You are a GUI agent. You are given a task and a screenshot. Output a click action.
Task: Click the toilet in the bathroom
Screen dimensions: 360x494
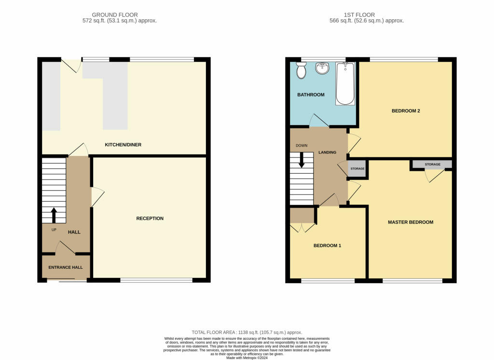[x=302, y=71]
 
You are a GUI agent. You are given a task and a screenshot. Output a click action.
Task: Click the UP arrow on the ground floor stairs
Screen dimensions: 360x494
[x=53, y=215]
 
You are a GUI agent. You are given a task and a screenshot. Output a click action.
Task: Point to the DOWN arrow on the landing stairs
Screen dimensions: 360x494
[x=302, y=160]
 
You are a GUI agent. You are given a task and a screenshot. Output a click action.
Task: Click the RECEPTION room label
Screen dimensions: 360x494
[x=150, y=219]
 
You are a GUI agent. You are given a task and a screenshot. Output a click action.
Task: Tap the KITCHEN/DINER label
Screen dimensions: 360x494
[x=123, y=145]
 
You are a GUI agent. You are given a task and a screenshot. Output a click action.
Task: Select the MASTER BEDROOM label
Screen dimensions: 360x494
[x=411, y=222]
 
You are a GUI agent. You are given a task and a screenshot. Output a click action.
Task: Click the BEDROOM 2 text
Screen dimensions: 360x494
[x=405, y=111]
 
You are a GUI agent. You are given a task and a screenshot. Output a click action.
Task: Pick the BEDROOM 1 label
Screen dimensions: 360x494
[x=327, y=246]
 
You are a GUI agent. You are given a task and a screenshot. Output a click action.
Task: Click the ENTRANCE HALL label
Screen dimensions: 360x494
[x=65, y=267]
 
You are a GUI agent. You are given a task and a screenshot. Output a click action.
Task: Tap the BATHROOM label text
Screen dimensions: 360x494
[x=310, y=95]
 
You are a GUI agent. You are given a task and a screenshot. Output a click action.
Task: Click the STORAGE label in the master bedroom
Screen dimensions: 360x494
[x=432, y=165]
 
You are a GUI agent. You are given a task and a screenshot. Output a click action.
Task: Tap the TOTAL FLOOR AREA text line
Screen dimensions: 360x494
[x=247, y=332]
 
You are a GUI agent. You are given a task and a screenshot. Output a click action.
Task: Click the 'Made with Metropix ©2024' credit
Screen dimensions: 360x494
[x=247, y=357]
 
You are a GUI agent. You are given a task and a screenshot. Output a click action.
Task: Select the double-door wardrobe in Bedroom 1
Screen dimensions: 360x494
[x=302, y=216]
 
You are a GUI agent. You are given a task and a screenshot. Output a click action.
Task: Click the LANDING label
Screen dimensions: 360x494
[x=327, y=152]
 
